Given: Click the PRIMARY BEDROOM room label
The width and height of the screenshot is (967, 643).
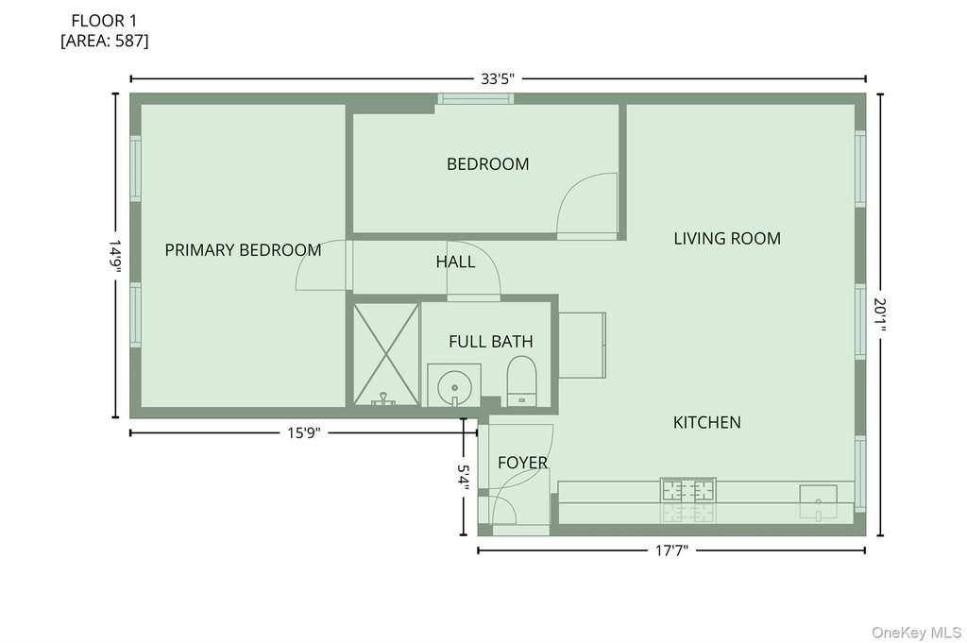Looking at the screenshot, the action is (243, 250).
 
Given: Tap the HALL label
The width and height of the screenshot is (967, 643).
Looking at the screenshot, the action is (456, 262).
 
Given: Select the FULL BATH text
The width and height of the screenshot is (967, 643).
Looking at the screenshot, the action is (491, 342).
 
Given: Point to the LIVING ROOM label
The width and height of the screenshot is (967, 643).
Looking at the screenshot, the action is (727, 239).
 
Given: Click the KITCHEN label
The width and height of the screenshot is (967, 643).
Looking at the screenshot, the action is (706, 422).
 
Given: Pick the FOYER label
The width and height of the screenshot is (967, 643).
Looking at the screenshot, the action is (522, 463).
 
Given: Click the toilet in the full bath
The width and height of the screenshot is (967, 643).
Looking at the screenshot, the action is (521, 381).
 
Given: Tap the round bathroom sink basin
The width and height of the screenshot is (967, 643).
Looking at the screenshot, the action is (454, 388).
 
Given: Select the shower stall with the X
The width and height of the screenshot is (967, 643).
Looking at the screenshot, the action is (386, 354).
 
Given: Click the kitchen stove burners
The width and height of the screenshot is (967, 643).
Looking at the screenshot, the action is (688, 490).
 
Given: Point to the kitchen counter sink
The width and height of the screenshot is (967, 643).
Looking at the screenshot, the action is (819, 494).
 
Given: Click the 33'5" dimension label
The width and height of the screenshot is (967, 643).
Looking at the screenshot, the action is (498, 79).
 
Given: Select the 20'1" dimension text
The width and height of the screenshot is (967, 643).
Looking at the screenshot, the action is (880, 315).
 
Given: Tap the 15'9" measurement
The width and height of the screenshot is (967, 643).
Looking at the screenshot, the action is (304, 432).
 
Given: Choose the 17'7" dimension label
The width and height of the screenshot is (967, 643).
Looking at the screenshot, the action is (671, 550).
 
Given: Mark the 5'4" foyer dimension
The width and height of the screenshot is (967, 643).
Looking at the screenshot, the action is (463, 478).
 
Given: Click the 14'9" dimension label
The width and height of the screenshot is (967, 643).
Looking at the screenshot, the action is (115, 256).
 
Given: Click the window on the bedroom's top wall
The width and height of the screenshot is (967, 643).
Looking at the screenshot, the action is (476, 98).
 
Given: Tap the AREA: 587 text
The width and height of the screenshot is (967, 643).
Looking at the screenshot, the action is (104, 41).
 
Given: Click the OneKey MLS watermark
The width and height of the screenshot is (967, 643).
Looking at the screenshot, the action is (916, 632).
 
